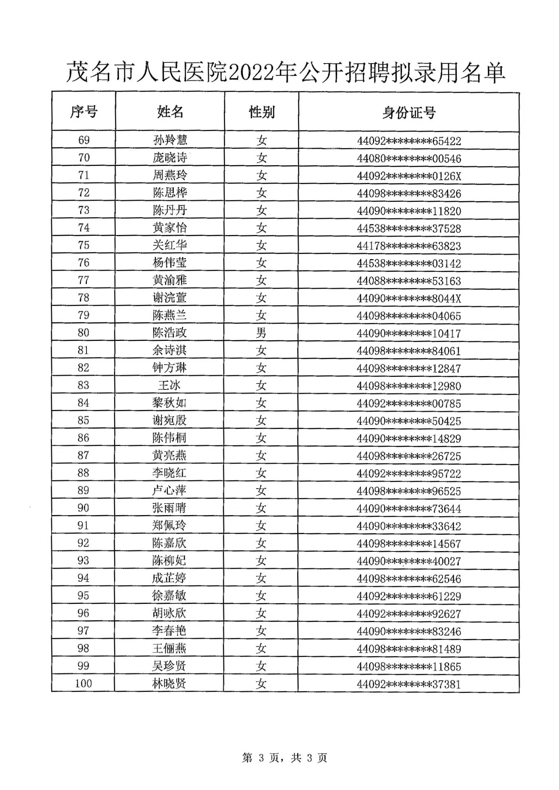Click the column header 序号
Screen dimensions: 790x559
[x=84, y=112]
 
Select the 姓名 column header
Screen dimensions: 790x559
[x=170, y=112]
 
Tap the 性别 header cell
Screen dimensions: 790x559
[x=261, y=113]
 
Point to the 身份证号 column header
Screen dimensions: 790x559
[x=409, y=113]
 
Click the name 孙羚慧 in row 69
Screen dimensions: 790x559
[x=170, y=140]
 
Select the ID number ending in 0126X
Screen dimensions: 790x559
[x=409, y=176]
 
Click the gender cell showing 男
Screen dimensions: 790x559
[x=261, y=333]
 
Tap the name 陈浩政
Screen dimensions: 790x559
[x=170, y=333]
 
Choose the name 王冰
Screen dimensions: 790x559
[x=170, y=386]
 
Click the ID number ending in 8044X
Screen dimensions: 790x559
[x=409, y=299]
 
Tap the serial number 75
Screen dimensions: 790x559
[x=84, y=245]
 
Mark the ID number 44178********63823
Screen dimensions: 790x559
[x=409, y=246]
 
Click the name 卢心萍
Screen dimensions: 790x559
[x=169, y=491]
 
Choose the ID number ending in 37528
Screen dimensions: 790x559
[x=409, y=229]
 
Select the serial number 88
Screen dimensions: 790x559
[x=83, y=473]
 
